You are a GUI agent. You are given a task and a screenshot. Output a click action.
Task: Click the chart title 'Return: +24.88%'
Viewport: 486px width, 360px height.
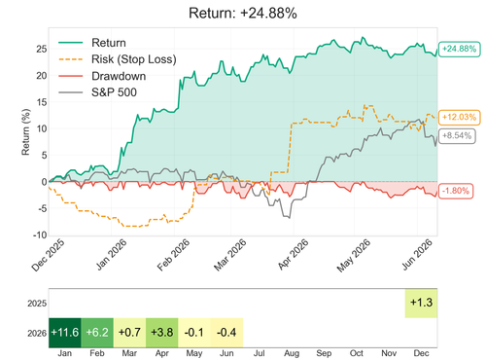coord(243,14)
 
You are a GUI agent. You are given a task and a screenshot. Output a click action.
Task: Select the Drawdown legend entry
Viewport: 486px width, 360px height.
coord(102,76)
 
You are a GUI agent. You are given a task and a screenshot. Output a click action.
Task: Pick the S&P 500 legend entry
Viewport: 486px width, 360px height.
coord(97,92)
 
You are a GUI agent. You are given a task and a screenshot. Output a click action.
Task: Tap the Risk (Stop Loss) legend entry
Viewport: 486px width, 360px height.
coord(118,59)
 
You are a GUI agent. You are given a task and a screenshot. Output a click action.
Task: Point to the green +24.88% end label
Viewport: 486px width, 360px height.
coord(459,49)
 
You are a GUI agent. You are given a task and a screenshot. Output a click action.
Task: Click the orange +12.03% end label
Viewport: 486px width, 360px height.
coord(459,117)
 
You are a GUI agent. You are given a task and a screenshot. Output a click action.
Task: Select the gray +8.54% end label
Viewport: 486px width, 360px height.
coord(457,136)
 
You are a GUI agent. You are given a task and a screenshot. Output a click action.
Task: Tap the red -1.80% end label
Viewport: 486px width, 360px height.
coord(456,191)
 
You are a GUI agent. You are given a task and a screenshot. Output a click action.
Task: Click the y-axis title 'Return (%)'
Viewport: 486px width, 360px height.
coord(25,131)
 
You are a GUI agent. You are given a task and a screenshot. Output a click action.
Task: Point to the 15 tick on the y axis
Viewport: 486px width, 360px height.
coord(42,102)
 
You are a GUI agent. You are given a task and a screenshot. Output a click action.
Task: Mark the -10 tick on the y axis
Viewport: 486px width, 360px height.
coord(40,234)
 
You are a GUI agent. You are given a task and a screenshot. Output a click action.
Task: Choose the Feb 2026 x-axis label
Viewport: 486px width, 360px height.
coord(174,255)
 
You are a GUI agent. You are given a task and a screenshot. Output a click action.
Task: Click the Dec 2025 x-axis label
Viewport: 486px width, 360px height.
coord(48,256)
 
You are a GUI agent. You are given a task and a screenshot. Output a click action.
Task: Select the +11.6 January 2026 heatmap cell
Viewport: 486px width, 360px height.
coord(65,333)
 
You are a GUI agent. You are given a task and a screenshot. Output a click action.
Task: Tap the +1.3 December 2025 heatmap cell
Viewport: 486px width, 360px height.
coord(421,303)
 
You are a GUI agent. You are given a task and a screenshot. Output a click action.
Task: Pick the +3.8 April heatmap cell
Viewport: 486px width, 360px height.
coord(162,333)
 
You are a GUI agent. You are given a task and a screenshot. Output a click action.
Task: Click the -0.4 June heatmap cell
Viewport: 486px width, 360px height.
coord(226,333)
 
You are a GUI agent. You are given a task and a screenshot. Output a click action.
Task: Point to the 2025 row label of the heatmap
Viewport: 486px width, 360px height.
coord(37,304)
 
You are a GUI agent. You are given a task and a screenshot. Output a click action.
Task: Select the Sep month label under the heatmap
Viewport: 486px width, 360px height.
coord(324,353)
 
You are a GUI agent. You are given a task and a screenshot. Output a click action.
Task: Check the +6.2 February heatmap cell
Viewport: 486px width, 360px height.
coord(97,333)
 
